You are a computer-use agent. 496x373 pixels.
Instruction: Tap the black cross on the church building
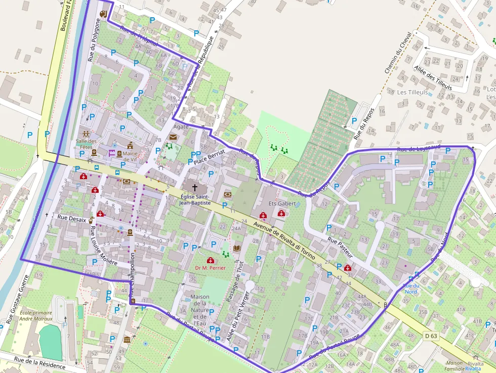(195, 187)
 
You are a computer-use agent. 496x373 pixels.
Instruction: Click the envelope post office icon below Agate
(174, 137)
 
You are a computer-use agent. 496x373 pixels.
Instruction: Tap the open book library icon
(237, 248)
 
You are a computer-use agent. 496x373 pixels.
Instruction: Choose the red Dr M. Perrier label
(210, 268)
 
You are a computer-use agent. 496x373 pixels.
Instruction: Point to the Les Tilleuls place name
(412, 93)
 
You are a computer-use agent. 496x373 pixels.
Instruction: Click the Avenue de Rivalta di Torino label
(288, 236)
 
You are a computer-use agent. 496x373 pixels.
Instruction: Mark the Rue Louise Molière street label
(103, 246)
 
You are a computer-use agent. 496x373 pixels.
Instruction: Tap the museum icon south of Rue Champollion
(126, 339)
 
